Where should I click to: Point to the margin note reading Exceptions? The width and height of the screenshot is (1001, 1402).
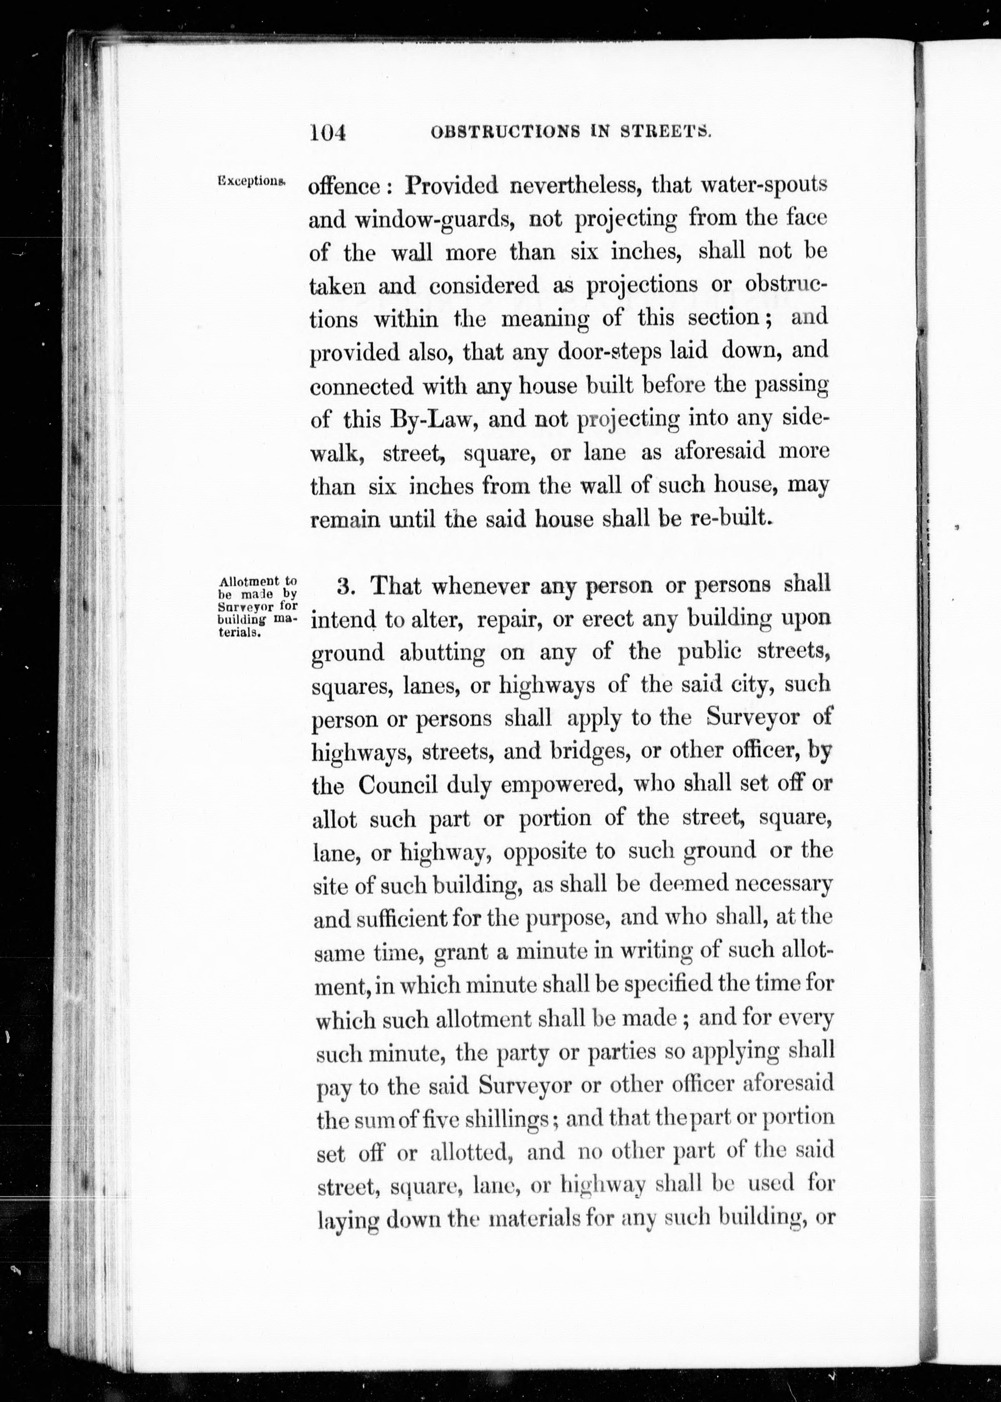pos(251,181)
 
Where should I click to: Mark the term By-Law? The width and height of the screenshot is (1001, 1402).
pos(430,419)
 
